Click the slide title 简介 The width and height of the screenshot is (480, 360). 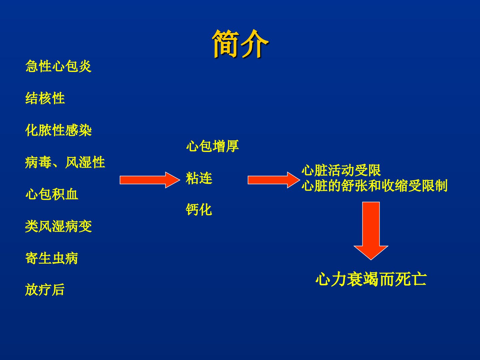click(x=240, y=44)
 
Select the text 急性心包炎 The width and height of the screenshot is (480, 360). click(x=58, y=66)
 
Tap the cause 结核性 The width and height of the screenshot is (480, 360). click(x=45, y=98)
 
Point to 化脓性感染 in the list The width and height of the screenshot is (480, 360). click(x=58, y=130)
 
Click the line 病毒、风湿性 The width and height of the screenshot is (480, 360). click(x=65, y=162)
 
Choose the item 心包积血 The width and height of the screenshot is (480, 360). click(x=52, y=194)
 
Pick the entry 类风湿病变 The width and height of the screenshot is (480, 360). click(x=58, y=226)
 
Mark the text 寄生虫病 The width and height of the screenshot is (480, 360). click(x=52, y=258)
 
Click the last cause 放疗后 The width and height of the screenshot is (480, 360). click(x=45, y=290)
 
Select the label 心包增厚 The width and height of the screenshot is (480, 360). click(x=213, y=146)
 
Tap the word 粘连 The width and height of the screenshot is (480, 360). click(x=199, y=178)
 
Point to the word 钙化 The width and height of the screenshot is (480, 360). click(x=199, y=210)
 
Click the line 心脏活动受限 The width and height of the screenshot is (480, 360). click(x=341, y=170)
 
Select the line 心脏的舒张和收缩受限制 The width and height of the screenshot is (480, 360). click(x=375, y=186)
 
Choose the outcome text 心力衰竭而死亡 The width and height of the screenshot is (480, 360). click(x=371, y=279)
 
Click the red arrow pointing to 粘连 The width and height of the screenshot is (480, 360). click(x=150, y=180)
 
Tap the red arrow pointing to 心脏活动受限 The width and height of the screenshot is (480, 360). click(x=274, y=180)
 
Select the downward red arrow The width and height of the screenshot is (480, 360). click(x=371, y=231)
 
